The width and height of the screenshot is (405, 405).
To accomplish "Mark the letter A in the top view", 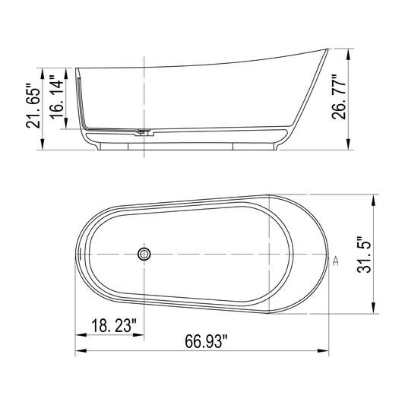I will coord(334,260).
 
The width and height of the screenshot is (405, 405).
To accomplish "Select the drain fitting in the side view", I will coord(141,133).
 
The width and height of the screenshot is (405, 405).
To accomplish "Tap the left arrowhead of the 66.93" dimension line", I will coord(79,351).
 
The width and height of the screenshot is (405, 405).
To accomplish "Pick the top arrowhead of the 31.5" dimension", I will coord(372,197).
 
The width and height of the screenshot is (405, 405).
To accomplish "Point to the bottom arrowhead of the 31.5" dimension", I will coord(372,310).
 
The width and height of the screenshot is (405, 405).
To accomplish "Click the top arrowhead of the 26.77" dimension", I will coord(348,52).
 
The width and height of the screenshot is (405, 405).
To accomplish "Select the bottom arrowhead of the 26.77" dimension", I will coord(348,147).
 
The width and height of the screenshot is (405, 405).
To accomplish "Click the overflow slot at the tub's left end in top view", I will coord(79,255).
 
